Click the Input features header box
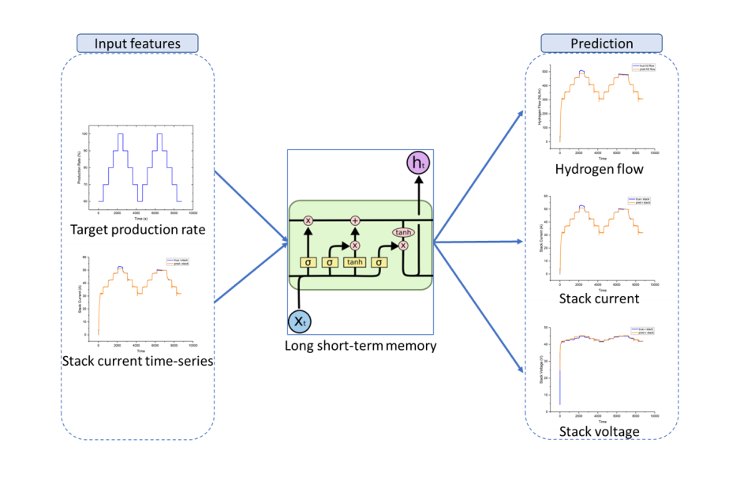(137, 43)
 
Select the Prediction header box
(601, 43)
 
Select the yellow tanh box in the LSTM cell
(354, 262)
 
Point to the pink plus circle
(355, 220)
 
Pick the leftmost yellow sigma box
(307, 262)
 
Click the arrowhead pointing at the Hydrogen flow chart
(521, 112)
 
